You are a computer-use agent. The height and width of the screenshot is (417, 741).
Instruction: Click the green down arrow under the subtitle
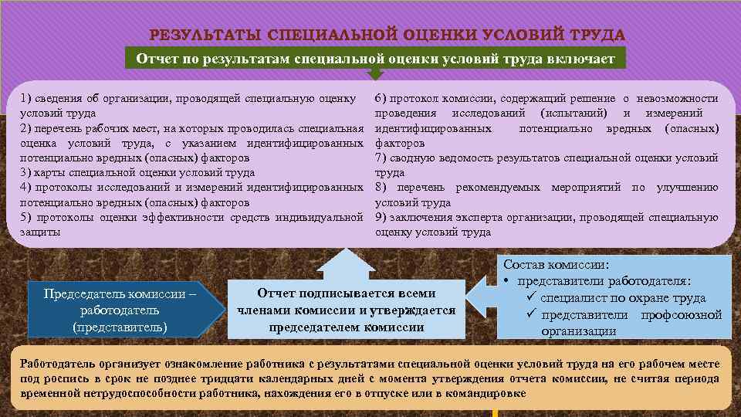(374, 73)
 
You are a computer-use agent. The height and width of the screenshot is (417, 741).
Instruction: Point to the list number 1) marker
(27, 99)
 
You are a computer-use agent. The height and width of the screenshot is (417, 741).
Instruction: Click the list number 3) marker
(27, 173)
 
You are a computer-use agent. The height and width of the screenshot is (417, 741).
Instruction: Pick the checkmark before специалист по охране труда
(532, 298)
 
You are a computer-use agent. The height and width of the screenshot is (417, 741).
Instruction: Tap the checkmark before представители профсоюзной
(532, 315)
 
